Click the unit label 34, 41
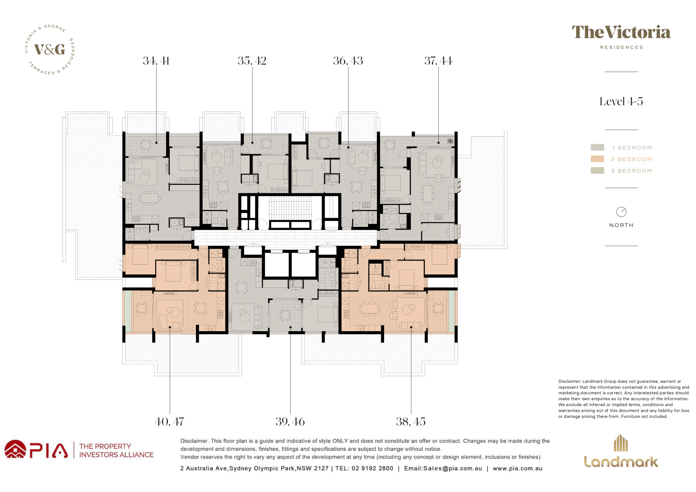pyautogui.click(x=156, y=61)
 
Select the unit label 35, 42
pyautogui.click(x=252, y=61)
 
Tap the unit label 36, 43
pyautogui.click(x=348, y=61)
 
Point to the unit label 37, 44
pyautogui.click(x=438, y=61)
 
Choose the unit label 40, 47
pyautogui.click(x=170, y=422)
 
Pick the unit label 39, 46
pyautogui.click(x=290, y=422)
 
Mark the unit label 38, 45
pyautogui.click(x=411, y=422)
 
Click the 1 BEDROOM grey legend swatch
pyautogui.click(x=597, y=147)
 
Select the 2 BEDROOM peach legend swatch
pyautogui.click(x=597, y=159)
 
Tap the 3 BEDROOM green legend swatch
pyautogui.click(x=597, y=170)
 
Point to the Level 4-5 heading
pyautogui.click(x=621, y=101)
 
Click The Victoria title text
pyautogui.click(x=621, y=33)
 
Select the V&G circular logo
pyautogui.click(x=50, y=49)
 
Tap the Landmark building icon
pyautogui.click(x=621, y=443)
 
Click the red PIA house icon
pyautogui.click(x=15, y=449)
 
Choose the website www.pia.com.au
pyautogui.click(x=518, y=468)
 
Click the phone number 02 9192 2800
pyautogui.click(x=372, y=468)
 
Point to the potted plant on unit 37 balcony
pyautogui.click(x=450, y=141)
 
